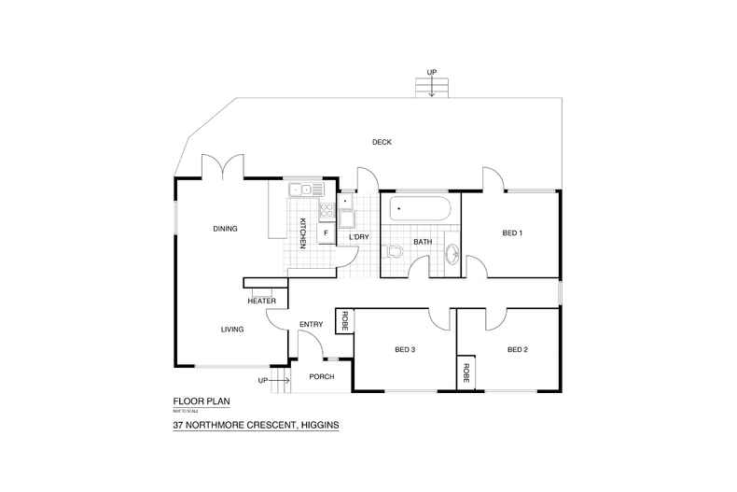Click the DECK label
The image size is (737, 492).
point(382,143)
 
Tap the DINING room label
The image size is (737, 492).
point(225,229)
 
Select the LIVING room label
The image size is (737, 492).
point(232,330)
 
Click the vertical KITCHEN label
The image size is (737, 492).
point(303,232)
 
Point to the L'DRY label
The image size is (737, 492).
point(359,237)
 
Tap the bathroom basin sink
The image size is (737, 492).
point(453,253)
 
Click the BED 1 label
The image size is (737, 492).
point(512,232)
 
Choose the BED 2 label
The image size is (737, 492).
point(518,350)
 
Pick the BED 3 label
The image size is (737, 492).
point(404,350)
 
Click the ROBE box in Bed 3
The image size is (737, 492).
point(344,321)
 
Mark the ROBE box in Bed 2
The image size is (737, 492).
point(464,373)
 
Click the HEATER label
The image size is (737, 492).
point(261,302)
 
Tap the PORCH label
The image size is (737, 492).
point(321,377)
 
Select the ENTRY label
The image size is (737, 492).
point(311,325)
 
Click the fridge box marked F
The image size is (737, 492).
point(326,232)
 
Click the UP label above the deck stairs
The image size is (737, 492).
point(431,72)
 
